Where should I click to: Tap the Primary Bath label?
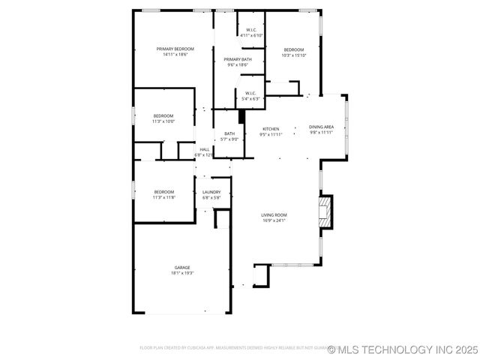237,59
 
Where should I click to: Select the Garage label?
182,267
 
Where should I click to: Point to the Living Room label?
274,215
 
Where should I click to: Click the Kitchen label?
271,128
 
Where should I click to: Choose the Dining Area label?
322,127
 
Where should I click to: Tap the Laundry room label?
211,192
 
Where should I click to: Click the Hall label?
205,149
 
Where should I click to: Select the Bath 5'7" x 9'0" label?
229,134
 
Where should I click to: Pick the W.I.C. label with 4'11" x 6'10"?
250,31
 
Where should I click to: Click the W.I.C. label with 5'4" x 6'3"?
251,94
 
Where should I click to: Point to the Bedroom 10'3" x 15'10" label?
294,49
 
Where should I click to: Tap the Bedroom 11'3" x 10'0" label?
163,116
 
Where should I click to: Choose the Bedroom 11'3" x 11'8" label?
163,192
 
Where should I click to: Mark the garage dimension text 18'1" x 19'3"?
182,273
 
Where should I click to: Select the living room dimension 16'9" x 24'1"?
274,220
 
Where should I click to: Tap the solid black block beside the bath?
241,117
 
